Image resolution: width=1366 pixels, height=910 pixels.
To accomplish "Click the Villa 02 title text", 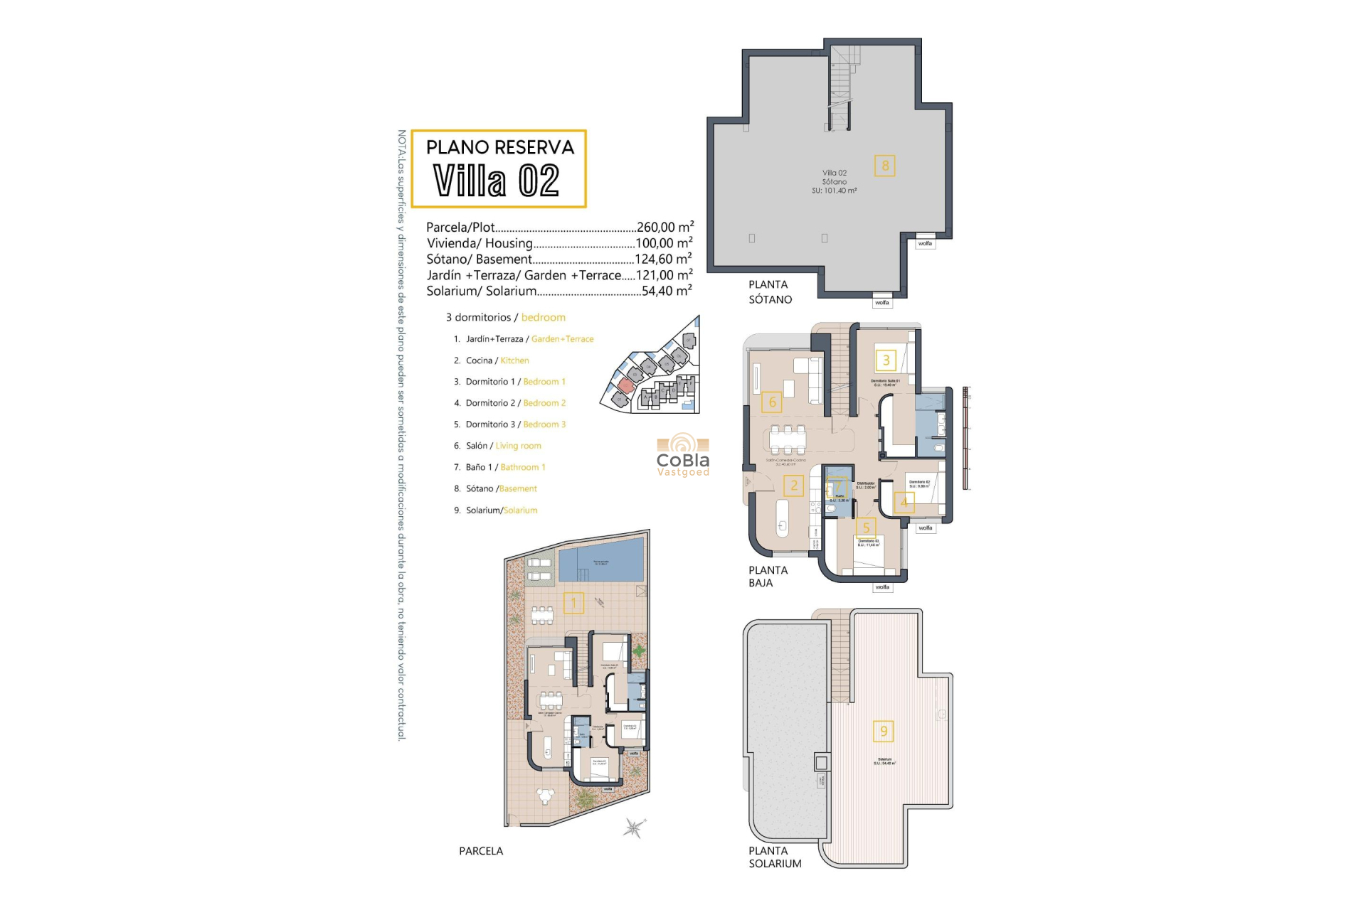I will click(497, 181).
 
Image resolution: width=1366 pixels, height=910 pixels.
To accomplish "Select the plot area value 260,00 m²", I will click(665, 227).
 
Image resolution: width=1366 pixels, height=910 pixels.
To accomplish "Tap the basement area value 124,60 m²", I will click(662, 259).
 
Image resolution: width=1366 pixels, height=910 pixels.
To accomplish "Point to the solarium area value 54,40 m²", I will click(666, 291).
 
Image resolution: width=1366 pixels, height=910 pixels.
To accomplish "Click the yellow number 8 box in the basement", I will click(885, 166).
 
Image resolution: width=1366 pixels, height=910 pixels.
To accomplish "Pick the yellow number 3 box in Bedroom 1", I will click(886, 360).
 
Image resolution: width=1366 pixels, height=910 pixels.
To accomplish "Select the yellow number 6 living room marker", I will click(772, 402).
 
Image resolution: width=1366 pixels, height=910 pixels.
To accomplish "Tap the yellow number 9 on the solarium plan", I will click(884, 731).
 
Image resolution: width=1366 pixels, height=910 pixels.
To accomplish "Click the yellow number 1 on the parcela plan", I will click(573, 603).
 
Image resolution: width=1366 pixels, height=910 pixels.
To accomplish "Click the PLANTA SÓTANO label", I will click(769, 292).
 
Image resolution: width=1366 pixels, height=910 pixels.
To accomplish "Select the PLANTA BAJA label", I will click(768, 577).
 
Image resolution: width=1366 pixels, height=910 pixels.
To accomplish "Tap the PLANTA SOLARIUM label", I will click(774, 857).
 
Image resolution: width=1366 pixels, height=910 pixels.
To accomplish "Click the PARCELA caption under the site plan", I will click(480, 851).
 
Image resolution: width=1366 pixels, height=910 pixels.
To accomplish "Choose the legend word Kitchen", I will click(514, 360).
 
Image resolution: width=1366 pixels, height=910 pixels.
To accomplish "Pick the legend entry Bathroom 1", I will click(522, 467).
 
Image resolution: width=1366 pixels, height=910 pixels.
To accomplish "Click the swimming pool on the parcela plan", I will click(601, 562).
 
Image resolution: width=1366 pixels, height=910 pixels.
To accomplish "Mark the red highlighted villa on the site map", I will click(625, 385).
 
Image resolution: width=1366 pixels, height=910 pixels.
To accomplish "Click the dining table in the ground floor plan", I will click(787, 439).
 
